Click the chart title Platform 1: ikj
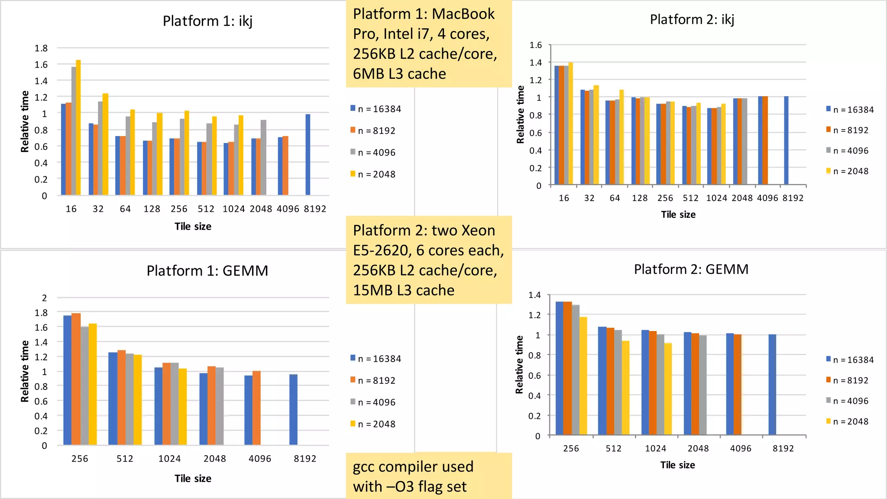pos(207,21)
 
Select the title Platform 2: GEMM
pos(691,269)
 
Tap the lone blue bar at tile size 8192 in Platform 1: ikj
pos(308,155)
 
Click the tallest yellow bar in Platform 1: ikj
pos(78,128)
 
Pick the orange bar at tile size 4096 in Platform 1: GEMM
pos(256,408)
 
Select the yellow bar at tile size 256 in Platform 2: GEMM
pos(583,376)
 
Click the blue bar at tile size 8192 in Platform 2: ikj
pos(786,141)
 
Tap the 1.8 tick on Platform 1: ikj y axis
pos(41,48)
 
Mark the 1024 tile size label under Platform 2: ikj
pos(716,198)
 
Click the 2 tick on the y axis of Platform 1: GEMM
pos(44,298)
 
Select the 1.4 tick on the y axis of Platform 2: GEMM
pos(534,295)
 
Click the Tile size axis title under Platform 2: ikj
pos(678,214)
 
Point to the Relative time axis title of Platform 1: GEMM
pos(25,371)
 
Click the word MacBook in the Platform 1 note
pos(463,14)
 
